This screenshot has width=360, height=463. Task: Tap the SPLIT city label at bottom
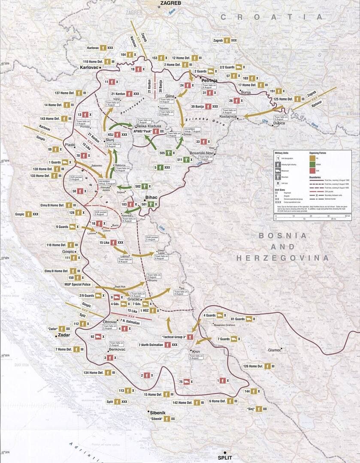(225, 457)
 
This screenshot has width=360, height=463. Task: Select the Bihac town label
(152, 197)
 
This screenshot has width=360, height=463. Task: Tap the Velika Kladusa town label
(148, 126)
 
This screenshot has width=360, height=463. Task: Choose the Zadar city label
(64, 334)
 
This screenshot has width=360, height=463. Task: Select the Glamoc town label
(275, 350)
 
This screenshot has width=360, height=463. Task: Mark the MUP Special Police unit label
(77, 284)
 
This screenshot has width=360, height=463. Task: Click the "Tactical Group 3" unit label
(174, 337)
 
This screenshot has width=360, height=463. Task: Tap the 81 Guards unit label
(238, 319)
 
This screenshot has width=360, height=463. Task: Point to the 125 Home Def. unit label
(283, 99)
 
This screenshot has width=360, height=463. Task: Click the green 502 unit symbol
(145, 186)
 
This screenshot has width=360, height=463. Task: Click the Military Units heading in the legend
(283, 152)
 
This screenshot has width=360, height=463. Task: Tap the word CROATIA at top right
(272, 17)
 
